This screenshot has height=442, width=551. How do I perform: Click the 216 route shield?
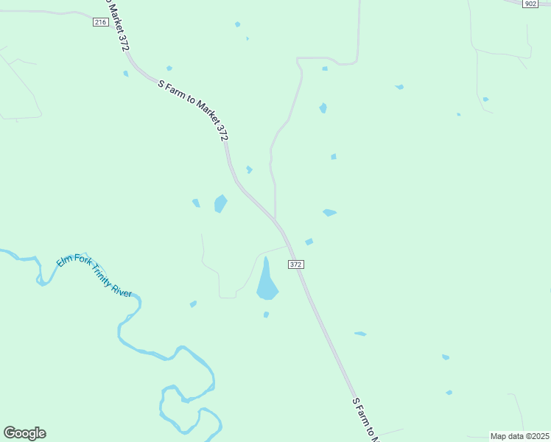[101, 22]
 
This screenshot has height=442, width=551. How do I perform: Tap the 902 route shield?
[530, 4]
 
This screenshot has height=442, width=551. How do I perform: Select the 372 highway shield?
[295, 264]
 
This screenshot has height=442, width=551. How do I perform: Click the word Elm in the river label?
[64, 259]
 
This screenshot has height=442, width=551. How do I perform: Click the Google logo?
[24, 433]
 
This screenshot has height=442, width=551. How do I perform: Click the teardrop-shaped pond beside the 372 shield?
[267, 284]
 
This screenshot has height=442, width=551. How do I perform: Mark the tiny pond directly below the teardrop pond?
[266, 315]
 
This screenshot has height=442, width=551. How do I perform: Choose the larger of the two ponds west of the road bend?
[220, 203]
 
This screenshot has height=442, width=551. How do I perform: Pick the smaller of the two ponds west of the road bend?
[196, 203]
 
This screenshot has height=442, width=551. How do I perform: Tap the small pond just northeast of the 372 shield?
[309, 242]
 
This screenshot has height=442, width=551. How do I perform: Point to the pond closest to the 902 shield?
[485, 99]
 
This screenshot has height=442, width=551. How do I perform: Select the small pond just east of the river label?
[193, 304]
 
